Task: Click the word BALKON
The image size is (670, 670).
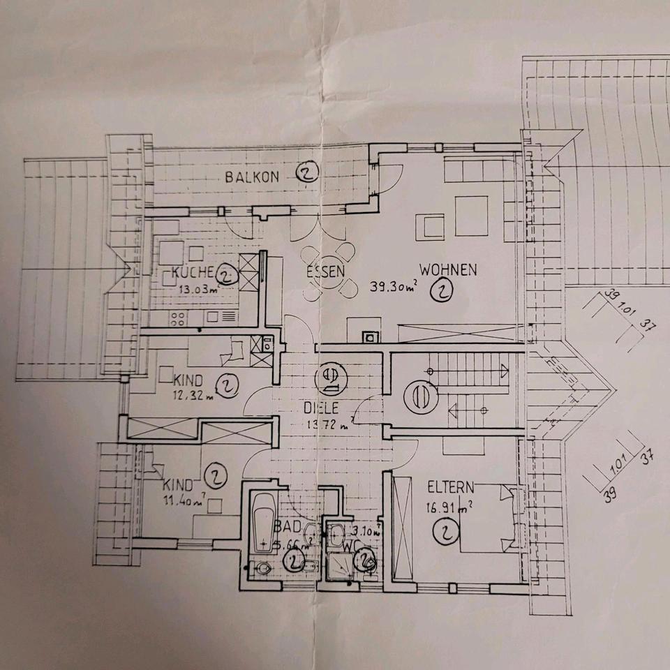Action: click(251, 177)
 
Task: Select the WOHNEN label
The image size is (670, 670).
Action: click(448, 269)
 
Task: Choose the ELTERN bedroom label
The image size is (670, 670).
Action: click(451, 487)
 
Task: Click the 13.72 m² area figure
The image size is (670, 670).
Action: click(329, 424)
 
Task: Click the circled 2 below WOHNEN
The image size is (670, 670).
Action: click(442, 292)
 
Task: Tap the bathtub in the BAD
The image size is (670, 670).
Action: click(265, 520)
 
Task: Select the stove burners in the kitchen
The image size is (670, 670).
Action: click(176, 319)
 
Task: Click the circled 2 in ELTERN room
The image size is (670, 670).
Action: click(445, 533)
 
